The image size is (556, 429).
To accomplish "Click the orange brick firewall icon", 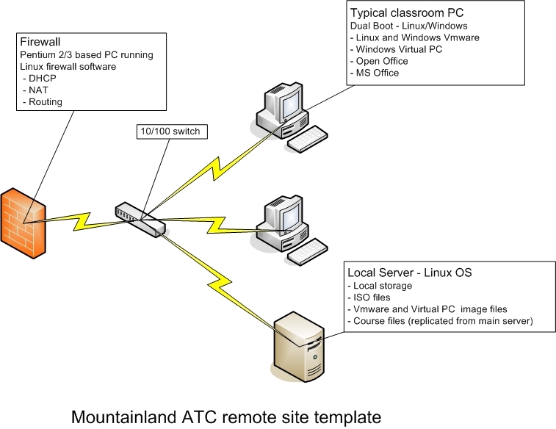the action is click(x=24, y=223).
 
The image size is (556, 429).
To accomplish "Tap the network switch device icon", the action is click(x=140, y=220).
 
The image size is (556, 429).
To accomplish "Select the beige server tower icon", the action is click(x=299, y=347).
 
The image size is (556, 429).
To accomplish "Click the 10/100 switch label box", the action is click(x=172, y=131).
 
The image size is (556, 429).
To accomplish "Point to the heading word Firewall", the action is click(x=40, y=42).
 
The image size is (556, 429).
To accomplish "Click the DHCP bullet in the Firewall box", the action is click(x=40, y=79).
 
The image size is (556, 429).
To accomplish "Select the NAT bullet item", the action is click(x=35, y=90).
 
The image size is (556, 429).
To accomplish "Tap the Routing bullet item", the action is click(x=43, y=102).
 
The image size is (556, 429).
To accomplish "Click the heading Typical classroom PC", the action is click(x=407, y=13).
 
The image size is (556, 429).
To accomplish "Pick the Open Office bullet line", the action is click(x=379, y=61).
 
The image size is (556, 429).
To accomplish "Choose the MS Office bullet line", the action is click(x=375, y=73).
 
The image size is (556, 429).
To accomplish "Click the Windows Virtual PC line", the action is click(x=396, y=50).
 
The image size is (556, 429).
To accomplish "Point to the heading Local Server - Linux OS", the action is click(x=410, y=273).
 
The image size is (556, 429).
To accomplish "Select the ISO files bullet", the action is click(x=369, y=298).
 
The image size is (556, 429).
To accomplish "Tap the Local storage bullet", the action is click(x=380, y=286).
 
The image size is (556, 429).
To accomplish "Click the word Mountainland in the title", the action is click(x=124, y=417).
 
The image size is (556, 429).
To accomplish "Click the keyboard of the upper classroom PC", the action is click(x=307, y=139).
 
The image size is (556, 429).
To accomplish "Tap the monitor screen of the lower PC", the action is click(x=290, y=217).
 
